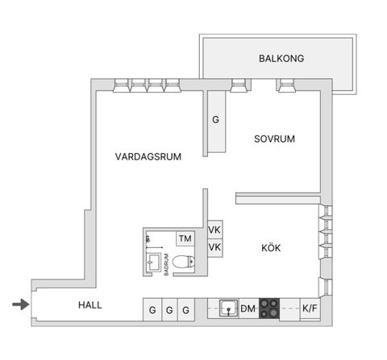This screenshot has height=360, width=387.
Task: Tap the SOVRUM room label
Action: pos(274,139)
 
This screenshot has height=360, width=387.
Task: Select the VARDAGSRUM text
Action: pos(148,157)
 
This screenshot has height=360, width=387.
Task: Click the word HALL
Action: pos(90,305)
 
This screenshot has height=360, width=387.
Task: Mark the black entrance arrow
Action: pos(20,304)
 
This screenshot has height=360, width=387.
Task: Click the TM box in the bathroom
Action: pos(185,238)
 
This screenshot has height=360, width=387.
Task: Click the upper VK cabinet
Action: pos(214,230)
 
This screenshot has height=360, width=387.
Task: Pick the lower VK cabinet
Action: pos(214,247)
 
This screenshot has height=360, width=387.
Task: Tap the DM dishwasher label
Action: pos(248,308)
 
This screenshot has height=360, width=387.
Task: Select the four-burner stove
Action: pos(270,308)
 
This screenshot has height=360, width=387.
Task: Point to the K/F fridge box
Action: pos(310,308)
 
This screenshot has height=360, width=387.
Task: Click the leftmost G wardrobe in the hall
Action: pos(152,309)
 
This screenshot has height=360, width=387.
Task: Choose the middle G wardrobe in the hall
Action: pos(169,309)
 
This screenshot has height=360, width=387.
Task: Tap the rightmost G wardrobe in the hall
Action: pos(185,309)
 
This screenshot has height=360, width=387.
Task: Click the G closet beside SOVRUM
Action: pos(215,121)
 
